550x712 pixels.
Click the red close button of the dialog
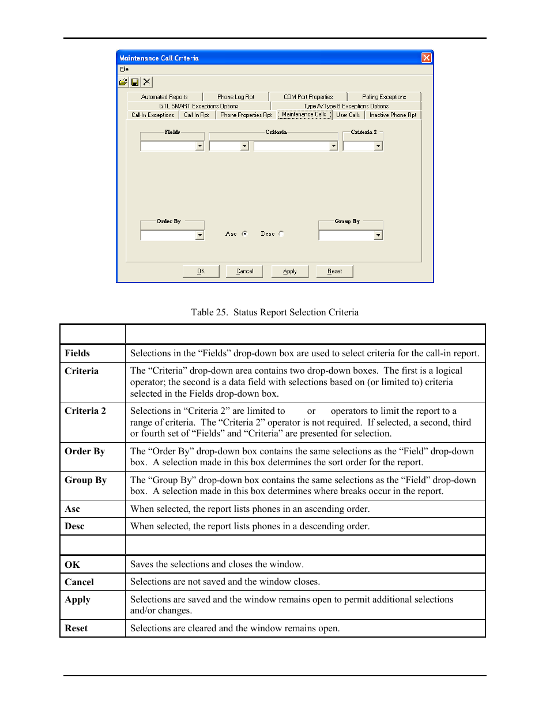pyautogui.click(x=426, y=58)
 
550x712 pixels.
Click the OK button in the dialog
pyautogui.click(x=201, y=271)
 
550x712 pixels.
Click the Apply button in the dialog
pyautogui.click(x=289, y=271)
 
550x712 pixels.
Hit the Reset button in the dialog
pyautogui.click(x=334, y=271)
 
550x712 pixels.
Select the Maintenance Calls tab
pyautogui.click(x=304, y=114)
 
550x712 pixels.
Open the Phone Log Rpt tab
pyautogui.click(x=235, y=97)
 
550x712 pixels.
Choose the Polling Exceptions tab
pyautogui.click(x=384, y=97)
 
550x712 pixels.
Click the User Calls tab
pyautogui.click(x=348, y=115)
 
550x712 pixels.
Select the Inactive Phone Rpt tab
pyautogui.click(x=393, y=115)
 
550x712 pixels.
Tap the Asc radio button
pyautogui.click(x=244, y=233)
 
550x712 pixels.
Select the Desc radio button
pyautogui.click(x=281, y=233)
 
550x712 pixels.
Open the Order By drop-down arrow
pyautogui.click(x=199, y=235)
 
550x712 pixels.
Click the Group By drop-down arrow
pyautogui.click(x=378, y=235)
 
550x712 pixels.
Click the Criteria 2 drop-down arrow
pyautogui.click(x=378, y=146)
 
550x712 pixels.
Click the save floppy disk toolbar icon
pyautogui.click(x=135, y=82)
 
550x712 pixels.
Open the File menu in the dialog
pyautogui.click(x=124, y=69)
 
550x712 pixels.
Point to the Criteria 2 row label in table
pyautogui.click(x=85, y=411)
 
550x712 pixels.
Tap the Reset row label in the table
pyautogui.click(x=76, y=628)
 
